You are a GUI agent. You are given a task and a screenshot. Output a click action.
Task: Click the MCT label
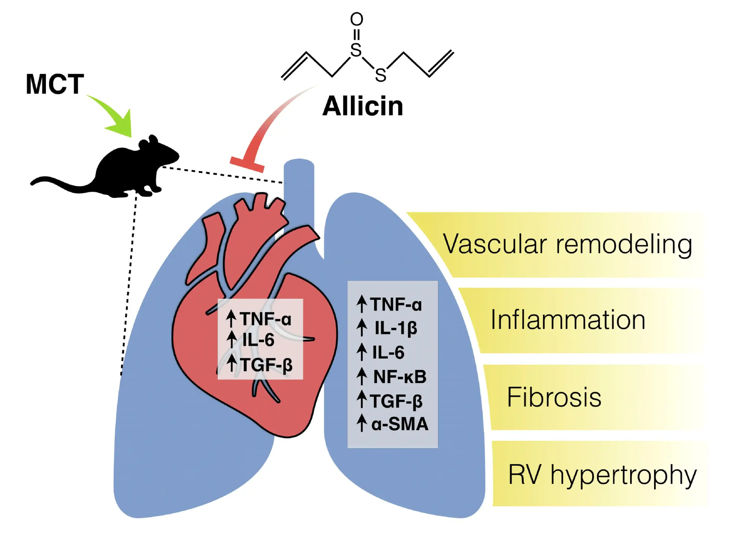coord(55,84)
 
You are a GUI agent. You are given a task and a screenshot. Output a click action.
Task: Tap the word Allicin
coord(362,106)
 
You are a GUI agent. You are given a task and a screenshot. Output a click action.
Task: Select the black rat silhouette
coord(131,170)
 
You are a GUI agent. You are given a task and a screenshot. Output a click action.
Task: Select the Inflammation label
coord(568,320)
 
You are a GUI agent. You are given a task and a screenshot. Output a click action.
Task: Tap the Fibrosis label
coord(554,397)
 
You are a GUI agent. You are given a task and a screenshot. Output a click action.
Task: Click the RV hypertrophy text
coord(602,475)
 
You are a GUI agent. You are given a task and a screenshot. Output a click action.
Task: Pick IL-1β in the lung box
coord(395,328)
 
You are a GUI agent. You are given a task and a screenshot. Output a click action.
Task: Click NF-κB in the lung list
coord(400,377)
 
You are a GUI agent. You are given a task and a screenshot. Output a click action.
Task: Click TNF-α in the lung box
coord(395,305)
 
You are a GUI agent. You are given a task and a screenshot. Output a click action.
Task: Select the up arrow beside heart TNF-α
coord(231,319)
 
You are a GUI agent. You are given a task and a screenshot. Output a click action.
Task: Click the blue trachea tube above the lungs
coord(299,183)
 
